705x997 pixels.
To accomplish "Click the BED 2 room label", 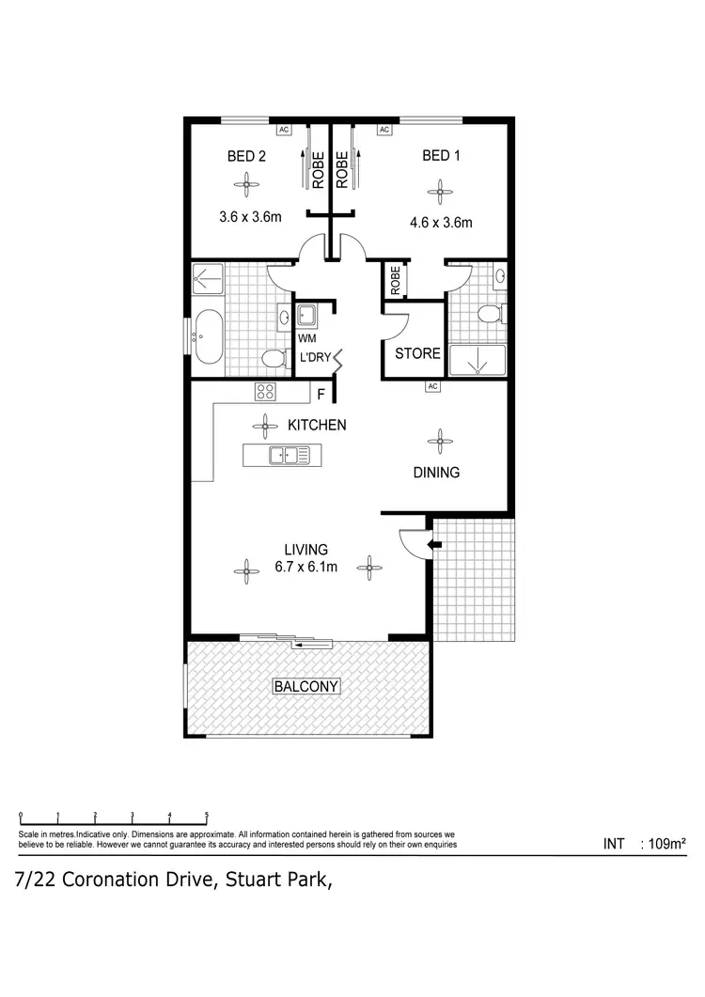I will click(246, 156).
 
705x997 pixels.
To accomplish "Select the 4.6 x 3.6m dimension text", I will click(440, 224).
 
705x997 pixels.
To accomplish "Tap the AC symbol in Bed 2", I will click(283, 130).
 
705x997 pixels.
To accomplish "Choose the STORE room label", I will click(417, 353).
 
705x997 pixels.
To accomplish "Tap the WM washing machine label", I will click(307, 338).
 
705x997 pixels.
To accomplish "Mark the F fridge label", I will click(321, 395).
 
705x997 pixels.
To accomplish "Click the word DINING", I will click(437, 473).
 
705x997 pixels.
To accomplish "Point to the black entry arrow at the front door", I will click(434, 543).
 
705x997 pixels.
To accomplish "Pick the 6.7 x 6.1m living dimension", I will click(306, 567).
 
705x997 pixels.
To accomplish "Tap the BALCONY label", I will click(306, 687).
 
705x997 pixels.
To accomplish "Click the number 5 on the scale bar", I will click(206, 816).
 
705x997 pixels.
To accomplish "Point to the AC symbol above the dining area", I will click(432, 386).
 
